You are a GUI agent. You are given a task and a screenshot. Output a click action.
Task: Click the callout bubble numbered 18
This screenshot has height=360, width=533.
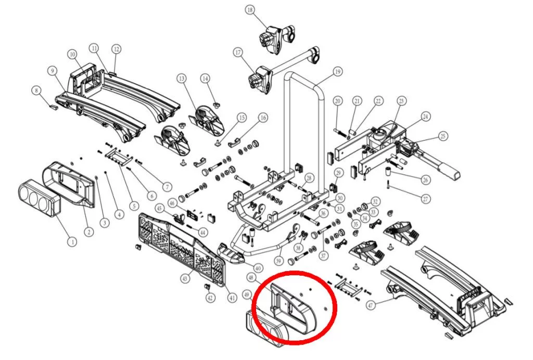click(x=251, y=10)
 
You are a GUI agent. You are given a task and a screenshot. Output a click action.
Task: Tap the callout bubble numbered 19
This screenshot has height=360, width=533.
click(x=337, y=71)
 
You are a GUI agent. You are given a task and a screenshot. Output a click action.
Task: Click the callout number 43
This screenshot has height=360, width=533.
click(x=184, y=279)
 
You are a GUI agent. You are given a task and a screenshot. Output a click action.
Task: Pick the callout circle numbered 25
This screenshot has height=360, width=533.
click(x=442, y=136)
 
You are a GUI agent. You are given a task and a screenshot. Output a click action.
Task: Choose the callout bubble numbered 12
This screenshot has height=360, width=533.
click(x=116, y=49)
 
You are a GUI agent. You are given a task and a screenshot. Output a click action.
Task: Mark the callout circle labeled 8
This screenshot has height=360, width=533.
click(x=36, y=91)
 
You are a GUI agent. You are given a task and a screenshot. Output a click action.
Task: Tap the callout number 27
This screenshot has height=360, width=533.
click(x=426, y=199)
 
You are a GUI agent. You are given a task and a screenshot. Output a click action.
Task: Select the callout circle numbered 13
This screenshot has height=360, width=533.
click(x=181, y=79)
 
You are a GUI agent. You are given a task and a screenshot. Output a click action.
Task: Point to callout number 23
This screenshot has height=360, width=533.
click(x=401, y=100)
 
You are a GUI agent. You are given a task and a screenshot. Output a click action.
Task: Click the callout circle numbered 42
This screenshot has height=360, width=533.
click(x=210, y=298)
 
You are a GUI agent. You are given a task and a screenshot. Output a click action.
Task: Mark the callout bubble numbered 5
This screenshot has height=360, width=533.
click(x=133, y=205)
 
